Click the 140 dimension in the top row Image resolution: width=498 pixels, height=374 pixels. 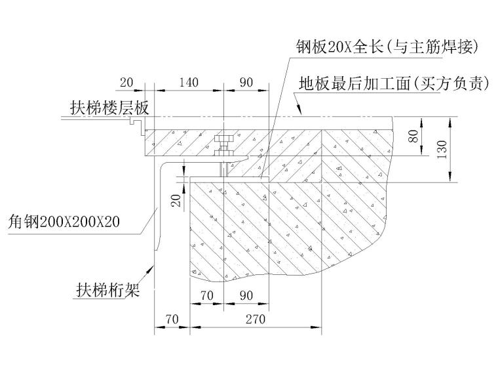(x=189, y=83)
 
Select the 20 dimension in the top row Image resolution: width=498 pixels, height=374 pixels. (x=126, y=83)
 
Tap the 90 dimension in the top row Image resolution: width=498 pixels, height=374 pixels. (x=246, y=83)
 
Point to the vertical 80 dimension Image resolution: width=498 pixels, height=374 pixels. (x=413, y=136)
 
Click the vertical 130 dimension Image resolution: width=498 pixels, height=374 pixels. (x=442, y=150)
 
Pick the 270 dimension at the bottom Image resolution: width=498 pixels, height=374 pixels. (x=256, y=319)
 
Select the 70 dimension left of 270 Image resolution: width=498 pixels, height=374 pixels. (x=172, y=319)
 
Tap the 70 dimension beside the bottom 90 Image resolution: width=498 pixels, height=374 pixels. (x=207, y=296)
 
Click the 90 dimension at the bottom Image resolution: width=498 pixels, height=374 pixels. (x=246, y=296)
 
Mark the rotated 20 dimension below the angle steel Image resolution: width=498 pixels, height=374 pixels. (x=176, y=200)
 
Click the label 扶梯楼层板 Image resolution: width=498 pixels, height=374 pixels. (x=109, y=108)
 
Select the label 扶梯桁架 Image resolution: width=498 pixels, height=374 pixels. (x=107, y=290)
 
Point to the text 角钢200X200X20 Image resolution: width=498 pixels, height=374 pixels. (x=64, y=222)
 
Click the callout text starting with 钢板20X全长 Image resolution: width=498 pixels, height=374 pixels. (x=387, y=47)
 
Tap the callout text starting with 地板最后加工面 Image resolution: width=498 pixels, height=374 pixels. (x=394, y=83)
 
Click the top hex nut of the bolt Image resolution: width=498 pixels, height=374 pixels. (x=224, y=139)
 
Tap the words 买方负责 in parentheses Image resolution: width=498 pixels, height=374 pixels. (x=451, y=83)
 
